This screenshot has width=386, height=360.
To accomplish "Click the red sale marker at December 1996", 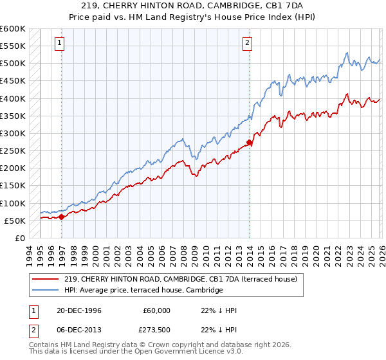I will (x=62, y=217).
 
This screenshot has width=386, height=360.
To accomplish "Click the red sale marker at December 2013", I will (x=250, y=143).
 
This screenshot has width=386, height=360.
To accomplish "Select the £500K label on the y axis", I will (x=13, y=64).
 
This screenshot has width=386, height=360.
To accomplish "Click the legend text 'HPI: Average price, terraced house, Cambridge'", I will (x=143, y=291).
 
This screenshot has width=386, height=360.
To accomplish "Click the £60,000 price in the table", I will (x=156, y=310).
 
